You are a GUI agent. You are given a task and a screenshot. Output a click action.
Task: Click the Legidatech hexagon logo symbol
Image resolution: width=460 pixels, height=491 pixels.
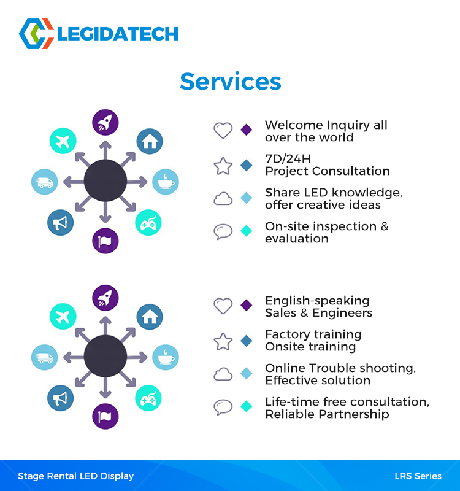point(36,34)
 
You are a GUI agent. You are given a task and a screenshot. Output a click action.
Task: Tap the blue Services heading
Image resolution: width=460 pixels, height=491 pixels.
point(231,82)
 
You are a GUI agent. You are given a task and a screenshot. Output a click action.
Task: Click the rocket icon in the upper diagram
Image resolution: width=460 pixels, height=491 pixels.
point(105,122)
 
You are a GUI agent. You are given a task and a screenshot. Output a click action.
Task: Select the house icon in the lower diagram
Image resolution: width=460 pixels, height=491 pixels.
point(150,317)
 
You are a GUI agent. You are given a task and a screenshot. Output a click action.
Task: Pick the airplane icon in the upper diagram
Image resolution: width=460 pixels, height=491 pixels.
point(63,141)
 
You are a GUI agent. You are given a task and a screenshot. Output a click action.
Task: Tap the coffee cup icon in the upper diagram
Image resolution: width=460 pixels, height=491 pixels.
point(166,182)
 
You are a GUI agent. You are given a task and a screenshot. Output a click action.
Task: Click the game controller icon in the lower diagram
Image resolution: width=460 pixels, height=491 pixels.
point(148,398)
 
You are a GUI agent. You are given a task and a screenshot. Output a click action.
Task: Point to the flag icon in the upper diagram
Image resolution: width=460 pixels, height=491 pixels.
point(105,241)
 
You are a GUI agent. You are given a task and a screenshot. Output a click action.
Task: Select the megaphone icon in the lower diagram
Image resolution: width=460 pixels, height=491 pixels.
point(60,398)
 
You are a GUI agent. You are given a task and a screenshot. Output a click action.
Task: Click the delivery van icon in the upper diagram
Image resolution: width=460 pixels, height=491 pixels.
point(45,182)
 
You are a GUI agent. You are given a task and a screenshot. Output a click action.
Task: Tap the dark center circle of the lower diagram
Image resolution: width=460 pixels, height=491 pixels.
point(105,357)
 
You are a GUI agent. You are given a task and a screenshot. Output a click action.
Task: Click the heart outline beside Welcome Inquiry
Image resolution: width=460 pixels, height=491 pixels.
point(223,130)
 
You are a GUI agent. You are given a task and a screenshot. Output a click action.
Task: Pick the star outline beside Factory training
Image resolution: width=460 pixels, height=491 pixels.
point(223,341)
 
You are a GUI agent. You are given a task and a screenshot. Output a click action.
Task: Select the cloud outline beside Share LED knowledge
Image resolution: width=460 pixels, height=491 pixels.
point(223,198)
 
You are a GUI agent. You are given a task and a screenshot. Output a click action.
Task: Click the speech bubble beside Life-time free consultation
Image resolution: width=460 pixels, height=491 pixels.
point(223,407)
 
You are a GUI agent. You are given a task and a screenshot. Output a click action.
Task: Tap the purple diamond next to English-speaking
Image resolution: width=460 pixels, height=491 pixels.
point(247,305)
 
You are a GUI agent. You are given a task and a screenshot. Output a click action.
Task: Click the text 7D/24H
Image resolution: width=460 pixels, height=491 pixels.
point(288,159)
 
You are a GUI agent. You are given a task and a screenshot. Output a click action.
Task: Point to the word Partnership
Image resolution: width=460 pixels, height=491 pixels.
point(355,414)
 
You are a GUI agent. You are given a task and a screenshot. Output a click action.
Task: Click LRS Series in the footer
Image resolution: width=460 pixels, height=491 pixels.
point(418,476)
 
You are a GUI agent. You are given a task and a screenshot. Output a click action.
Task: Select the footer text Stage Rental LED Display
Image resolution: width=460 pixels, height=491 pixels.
point(75,476)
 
